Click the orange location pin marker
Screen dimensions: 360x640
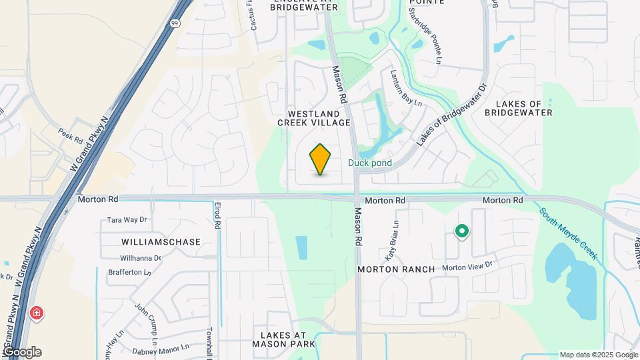(320, 159)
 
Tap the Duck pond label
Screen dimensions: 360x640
(369, 163)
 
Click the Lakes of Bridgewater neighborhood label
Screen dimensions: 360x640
(524, 108)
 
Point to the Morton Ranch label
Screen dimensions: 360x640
(396, 269)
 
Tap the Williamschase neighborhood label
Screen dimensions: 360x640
(161, 242)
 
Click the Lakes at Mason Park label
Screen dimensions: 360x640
(283, 339)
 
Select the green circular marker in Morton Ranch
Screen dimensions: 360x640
(461, 231)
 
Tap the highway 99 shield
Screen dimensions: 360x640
(174, 23)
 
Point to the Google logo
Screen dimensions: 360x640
(21, 352)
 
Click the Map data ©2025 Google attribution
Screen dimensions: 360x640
(598, 355)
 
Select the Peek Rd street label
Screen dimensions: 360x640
(69, 135)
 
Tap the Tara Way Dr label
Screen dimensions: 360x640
(127, 219)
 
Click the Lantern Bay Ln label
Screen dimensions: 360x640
(407, 89)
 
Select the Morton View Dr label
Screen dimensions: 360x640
(467, 265)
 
